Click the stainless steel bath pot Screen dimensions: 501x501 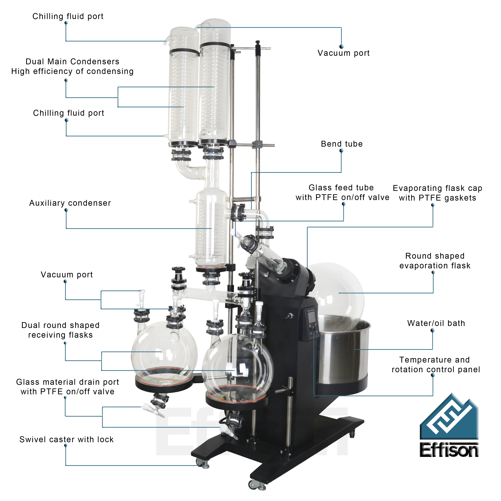(345, 355)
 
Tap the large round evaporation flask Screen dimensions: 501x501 (337, 290)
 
